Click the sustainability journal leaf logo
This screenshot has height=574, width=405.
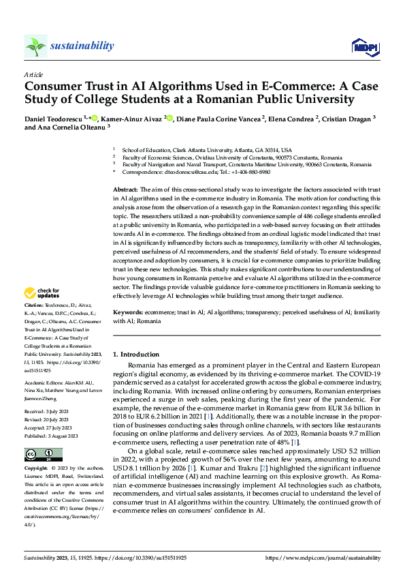(35, 46)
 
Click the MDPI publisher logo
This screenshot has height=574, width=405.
(363, 46)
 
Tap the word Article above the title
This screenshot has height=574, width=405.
(33, 74)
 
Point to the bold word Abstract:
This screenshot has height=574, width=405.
(125, 187)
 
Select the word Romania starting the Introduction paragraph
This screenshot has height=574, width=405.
(141, 366)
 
